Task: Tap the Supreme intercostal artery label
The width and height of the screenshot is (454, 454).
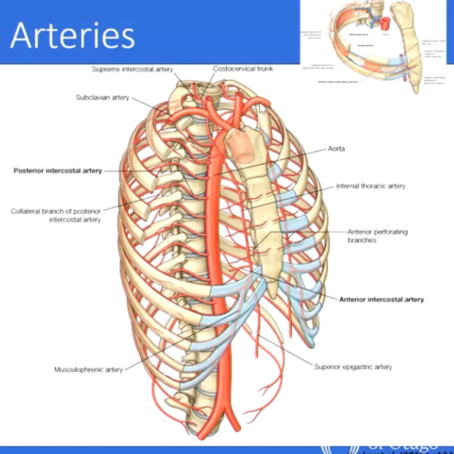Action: click(132, 69)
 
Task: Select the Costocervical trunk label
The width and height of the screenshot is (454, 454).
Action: click(243, 69)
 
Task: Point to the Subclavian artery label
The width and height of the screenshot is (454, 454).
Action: click(102, 98)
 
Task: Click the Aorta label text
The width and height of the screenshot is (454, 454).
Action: click(336, 149)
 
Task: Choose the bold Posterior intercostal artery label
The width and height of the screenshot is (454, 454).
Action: click(58, 171)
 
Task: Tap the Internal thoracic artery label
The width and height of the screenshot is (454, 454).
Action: click(370, 186)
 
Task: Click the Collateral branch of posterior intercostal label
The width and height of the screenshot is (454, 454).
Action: click(56, 215)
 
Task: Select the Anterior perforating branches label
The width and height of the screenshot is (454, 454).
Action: click(377, 236)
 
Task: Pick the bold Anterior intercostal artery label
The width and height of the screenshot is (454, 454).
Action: click(382, 300)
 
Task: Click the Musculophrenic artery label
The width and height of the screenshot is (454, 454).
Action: click(88, 370)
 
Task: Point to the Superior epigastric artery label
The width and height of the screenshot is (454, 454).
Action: click(353, 367)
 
